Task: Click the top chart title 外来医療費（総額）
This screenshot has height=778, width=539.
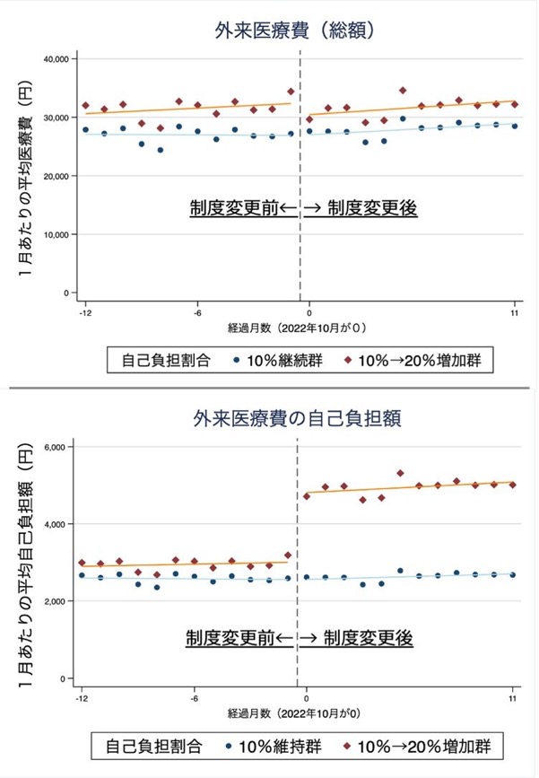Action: (294, 31)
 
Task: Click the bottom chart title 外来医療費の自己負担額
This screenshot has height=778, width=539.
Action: (297, 419)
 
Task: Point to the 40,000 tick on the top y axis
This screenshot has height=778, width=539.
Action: (56, 59)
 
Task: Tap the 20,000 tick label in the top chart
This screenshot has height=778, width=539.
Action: (56, 176)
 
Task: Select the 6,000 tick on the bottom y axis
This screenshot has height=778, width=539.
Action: (55, 447)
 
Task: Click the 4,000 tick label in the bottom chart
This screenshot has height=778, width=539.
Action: (55, 524)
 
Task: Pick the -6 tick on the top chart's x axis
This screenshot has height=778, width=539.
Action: (197, 313)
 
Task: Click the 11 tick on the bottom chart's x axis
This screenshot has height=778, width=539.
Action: (513, 699)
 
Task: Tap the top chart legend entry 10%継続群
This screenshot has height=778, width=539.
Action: (278, 360)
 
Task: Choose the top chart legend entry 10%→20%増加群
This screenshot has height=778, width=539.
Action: (413, 360)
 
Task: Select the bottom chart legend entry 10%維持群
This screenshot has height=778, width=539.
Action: (274, 747)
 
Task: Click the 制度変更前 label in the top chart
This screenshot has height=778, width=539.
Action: (234, 208)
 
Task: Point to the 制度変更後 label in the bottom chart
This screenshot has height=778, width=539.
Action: (369, 638)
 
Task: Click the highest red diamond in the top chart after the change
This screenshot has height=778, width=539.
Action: (403, 91)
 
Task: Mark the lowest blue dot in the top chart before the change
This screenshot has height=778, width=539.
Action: (161, 150)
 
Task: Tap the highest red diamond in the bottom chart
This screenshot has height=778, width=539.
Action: (400, 473)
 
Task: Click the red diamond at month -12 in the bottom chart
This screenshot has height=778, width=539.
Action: (82, 563)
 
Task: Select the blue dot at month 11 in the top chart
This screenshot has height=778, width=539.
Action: (515, 126)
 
